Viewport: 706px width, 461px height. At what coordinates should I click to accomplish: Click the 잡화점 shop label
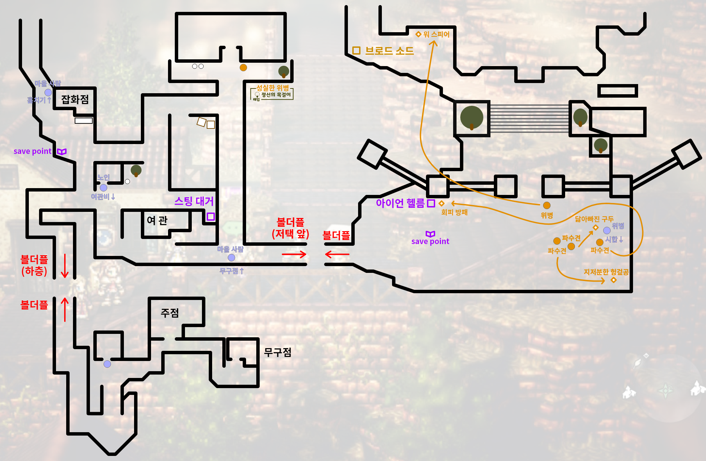75,99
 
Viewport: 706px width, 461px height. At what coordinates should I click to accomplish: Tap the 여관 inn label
157,220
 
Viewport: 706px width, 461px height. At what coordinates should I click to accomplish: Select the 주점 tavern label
170,313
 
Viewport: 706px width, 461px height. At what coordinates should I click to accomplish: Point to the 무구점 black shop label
278,353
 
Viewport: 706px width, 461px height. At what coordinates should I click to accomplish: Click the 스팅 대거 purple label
194,201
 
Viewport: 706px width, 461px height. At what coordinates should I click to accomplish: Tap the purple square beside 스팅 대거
211,217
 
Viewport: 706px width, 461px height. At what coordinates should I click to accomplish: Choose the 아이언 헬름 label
400,203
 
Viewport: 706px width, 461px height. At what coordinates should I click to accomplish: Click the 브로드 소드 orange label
389,51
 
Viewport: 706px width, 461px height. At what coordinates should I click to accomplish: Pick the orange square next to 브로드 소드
356,51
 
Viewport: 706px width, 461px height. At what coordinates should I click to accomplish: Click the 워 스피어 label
436,34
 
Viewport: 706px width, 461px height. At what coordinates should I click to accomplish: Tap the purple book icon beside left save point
61,152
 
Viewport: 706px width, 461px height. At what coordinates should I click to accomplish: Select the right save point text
430,241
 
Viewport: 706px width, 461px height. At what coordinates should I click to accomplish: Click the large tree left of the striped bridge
472,118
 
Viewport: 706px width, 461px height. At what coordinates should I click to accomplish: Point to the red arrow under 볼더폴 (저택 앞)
294,254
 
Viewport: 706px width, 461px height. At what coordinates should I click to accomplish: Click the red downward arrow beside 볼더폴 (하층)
64,265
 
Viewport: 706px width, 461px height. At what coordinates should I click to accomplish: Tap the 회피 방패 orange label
454,212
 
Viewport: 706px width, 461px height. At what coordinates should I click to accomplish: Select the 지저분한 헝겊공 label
606,272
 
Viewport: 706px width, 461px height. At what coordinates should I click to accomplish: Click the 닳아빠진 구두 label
594,219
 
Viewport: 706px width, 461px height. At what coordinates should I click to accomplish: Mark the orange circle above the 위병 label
547,205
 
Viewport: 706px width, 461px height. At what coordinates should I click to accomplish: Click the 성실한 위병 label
272,88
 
